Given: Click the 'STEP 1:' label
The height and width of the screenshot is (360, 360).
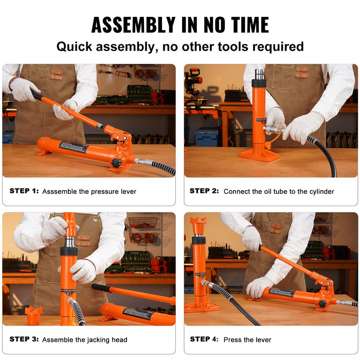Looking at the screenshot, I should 24,191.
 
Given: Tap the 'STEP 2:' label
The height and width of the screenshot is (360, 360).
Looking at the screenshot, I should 204,191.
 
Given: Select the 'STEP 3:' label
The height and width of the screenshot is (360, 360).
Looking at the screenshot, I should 24,339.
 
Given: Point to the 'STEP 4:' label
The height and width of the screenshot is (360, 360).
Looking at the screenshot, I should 204,339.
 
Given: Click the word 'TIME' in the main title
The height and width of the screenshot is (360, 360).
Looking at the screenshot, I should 244,25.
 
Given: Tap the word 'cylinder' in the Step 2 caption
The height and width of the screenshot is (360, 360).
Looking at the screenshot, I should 319,191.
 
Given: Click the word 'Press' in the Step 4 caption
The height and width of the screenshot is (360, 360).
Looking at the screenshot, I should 232,340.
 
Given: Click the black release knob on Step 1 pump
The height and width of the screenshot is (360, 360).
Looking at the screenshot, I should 117,163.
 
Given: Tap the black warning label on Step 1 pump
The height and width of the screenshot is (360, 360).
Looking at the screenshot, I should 74,147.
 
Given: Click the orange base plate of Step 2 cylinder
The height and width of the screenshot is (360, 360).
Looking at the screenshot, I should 259,154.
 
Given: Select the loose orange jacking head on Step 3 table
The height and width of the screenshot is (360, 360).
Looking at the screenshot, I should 33,315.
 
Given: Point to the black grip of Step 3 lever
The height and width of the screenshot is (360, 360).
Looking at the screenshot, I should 101,287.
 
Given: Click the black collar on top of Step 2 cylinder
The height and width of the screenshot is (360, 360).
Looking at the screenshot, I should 259,82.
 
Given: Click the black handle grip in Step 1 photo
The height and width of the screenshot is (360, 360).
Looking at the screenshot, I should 37,95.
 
